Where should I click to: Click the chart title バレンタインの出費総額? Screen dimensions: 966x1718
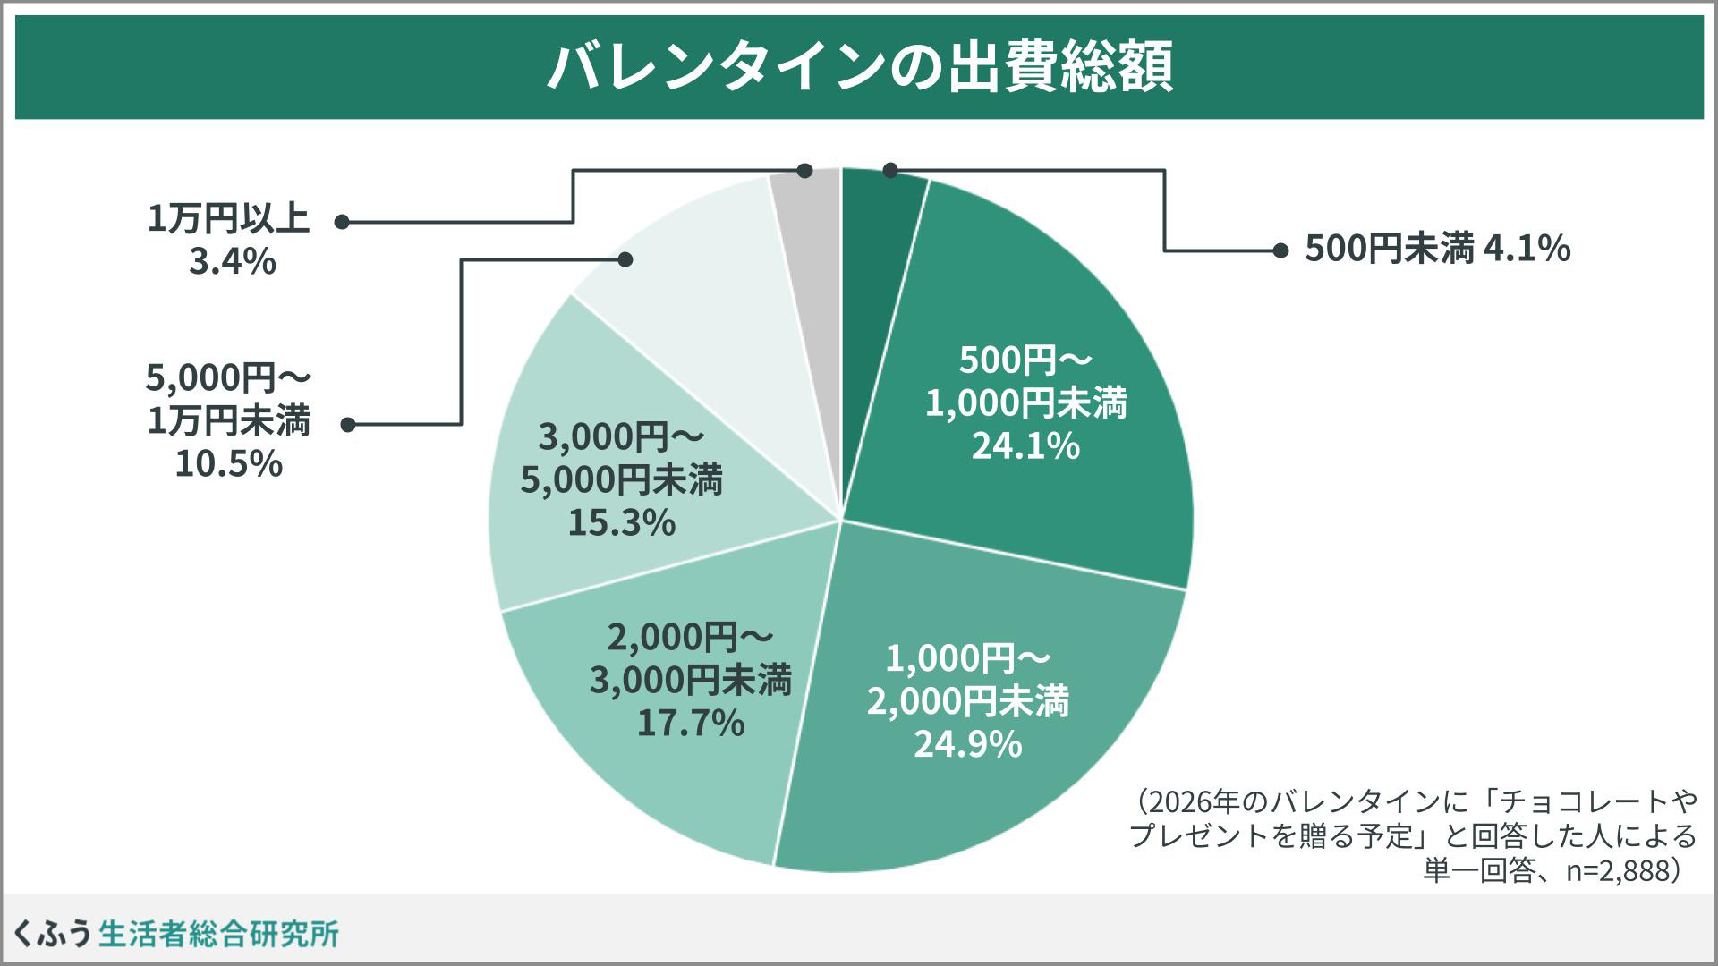[859, 67]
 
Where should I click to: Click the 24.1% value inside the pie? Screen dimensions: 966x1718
[1025, 445]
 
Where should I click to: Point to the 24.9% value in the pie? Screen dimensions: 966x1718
[967, 744]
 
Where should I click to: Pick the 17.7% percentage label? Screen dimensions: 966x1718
[690, 723]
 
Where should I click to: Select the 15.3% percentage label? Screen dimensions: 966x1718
[621, 522]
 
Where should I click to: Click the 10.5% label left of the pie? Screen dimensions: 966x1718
[228, 463]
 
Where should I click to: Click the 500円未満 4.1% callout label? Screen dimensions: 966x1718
[1437, 249]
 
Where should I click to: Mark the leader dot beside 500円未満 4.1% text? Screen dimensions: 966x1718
[1280, 250]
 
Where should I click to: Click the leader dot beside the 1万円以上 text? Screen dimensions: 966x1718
[342, 222]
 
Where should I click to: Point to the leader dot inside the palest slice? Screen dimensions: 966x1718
[625, 259]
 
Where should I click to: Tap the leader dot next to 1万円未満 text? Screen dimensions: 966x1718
[348, 425]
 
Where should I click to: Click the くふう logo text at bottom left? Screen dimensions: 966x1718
[52, 934]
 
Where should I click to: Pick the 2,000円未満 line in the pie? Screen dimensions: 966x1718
[967, 701]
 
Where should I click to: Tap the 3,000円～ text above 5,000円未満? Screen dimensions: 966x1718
[621, 438]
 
